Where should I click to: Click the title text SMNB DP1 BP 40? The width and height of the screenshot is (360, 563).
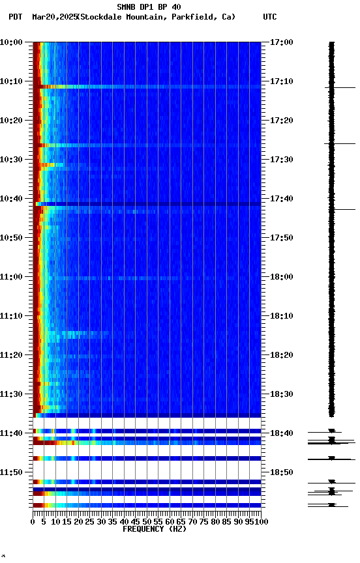(x=149, y=7)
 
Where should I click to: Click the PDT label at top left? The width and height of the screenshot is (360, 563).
(x=16, y=17)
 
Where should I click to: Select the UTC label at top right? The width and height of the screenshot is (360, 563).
(x=270, y=17)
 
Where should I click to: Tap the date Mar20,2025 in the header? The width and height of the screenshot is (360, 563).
(x=54, y=17)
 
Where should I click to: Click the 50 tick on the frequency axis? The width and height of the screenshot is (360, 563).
(x=147, y=522)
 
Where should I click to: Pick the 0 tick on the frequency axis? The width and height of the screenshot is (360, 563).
(x=33, y=522)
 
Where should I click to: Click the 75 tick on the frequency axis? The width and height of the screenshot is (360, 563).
(x=204, y=522)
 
